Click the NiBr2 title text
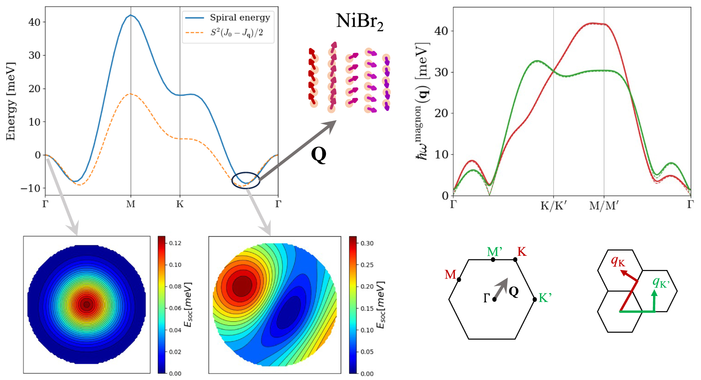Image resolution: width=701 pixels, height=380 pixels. (359, 21)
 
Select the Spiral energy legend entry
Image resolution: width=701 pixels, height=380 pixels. (239, 17)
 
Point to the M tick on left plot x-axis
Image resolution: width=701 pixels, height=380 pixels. (130, 204)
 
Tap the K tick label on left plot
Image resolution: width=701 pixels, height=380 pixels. (180, 204)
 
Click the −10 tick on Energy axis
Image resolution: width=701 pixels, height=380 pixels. (31, 188)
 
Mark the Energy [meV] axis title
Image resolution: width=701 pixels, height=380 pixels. (11, 101)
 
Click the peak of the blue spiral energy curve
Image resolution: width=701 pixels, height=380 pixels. (130, 15)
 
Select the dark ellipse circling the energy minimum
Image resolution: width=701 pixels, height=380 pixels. (245, 180)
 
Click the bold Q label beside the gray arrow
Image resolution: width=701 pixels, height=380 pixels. (318, 155)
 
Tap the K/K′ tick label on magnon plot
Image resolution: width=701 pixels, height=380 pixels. (553, 206)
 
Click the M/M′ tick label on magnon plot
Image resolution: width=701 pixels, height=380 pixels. (604, 206)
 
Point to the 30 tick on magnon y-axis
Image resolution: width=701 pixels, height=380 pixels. (441, 72)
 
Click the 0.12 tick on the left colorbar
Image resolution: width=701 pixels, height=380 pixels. (175, 243)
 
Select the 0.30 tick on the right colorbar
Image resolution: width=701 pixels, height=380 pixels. (367, 243)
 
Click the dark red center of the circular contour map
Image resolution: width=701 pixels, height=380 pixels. (86, 304)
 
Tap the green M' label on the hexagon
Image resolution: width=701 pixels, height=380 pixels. (495, 252)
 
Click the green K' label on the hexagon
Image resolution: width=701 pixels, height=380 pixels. (545, 298)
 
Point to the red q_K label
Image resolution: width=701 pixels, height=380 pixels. (618, 261)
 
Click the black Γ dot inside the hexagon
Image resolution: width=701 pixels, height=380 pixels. (494, 299)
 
